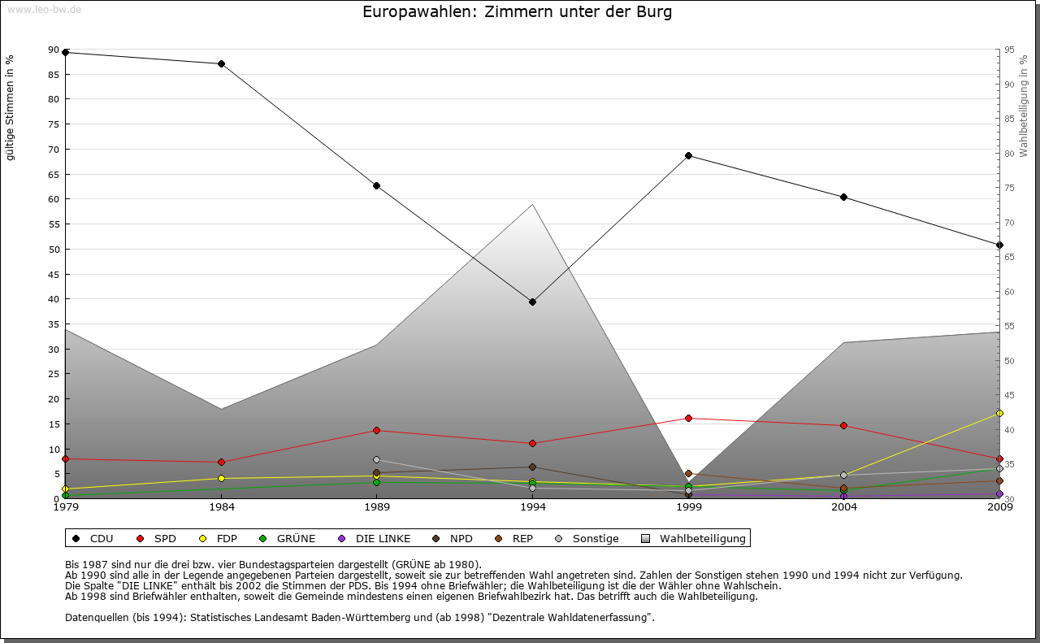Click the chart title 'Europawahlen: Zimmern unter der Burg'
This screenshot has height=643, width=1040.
pyautogui.click(x=517, y=12)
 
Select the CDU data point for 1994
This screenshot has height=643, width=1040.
pyautogui.click(x=532, y=302)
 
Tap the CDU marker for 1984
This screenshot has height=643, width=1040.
pyautogui.click(x=221, y=63)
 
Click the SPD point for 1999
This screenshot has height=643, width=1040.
pyautogui.click(x=688, y=418)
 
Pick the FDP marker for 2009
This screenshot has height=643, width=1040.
pyautogui.click(x=999, y=414)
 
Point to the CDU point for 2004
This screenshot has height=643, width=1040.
pyautogui.click(x=844, y=197)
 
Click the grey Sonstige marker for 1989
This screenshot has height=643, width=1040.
pyautogui.click(x=376, y=459)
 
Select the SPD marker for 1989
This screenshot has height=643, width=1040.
pyautogui.click(x=376, y=430)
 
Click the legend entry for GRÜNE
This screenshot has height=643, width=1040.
pyautogui.click(x=288, y=538)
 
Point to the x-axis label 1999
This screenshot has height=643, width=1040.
pyautogui.click(x=688, y=507)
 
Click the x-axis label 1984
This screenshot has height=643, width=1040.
pyautogui.click(x=221, y=507)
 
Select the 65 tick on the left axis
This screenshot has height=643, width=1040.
pyautogui.click(x=54, y=174)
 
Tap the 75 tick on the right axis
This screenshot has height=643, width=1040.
pyautogui.click(x=1008, y=188)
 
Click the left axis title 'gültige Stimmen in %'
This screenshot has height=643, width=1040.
pyautogui.click(x=11, y=108)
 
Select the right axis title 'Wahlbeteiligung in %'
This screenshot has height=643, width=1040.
pyautogui.click(x=1024, y=106)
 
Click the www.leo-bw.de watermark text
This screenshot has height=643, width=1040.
pyautogui.click(x=43, y=9)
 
